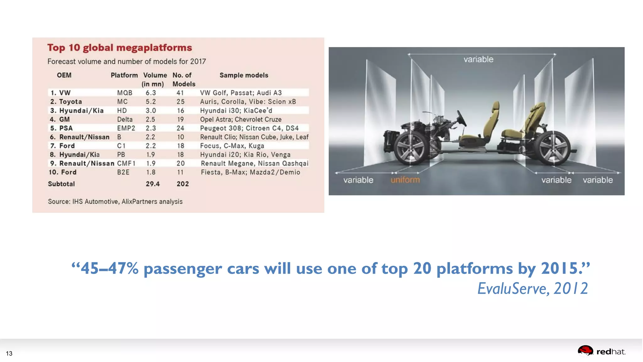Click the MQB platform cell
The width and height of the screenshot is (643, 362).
tap(125, 93)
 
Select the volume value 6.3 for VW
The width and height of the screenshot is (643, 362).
tap(151, 93)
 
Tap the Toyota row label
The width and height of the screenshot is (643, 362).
tap(70, 101)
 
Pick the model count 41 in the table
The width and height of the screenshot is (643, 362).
tap(180, 93)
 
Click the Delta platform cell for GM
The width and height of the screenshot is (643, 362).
tap(125, 119)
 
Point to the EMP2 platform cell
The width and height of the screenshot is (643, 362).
tap(126, 128)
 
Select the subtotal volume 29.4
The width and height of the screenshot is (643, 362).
tap(153, 184)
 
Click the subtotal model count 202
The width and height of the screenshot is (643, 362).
tap(183, 184)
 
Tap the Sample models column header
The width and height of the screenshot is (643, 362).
tap(244, 75)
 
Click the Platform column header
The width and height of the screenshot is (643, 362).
tap(124, 75)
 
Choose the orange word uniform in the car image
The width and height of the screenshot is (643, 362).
tap(405, 180)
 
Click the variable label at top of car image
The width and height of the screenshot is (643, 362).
tap(478, 59)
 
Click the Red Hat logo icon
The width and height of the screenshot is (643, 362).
tap(585, 351)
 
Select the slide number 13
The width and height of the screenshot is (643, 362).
tap(9, 354)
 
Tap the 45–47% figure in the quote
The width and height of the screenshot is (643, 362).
tap(110, 269)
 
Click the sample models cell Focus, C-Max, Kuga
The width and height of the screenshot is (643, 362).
tap(232, 146)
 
